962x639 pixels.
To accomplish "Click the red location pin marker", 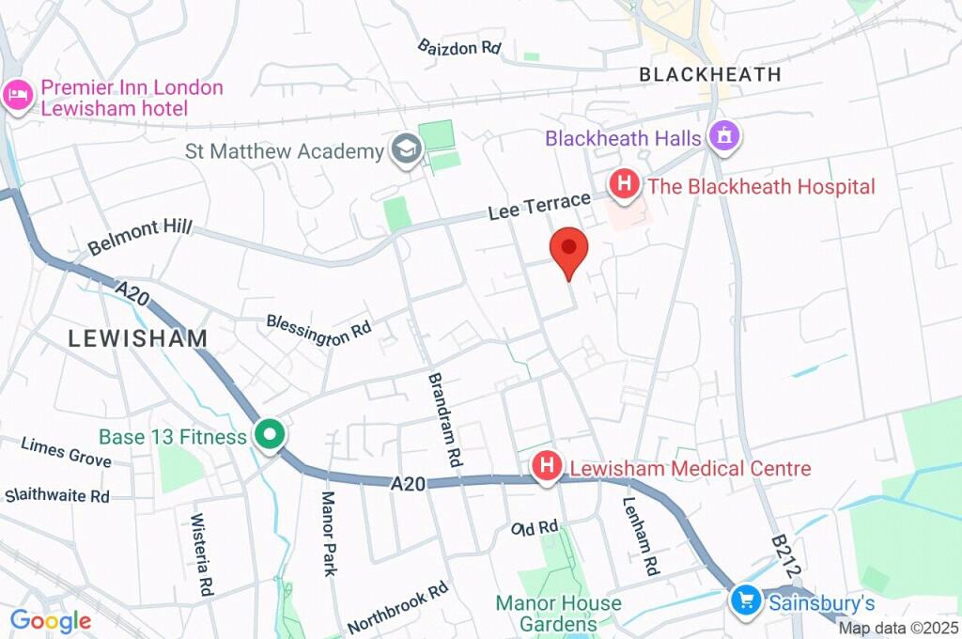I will tap(568, 251).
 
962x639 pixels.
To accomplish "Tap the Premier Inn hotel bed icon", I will tap(18, 96).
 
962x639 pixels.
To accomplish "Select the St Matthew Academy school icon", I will tap(406, 150).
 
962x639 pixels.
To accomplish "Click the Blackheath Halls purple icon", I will tap(724, 137).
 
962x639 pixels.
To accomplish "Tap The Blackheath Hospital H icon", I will tap(623, 184).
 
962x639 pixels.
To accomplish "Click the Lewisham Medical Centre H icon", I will tap(547, 466).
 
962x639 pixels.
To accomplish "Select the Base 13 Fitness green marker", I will tap(271, 435).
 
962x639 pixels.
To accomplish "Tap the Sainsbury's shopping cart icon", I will tap(746, 600).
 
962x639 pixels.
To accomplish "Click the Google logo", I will tap(51, 620).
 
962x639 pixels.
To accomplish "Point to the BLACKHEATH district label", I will tap(709, 74).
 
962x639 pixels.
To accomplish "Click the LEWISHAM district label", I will tap(137, 338).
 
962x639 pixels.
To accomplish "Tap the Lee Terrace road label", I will tap(539, 206).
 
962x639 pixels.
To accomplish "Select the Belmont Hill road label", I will tap(139, 236).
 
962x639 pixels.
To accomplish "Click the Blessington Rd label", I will tap(318, 331).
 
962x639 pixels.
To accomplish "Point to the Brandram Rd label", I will tap(444, 420).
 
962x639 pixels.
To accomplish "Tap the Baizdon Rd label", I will tap(459, 46).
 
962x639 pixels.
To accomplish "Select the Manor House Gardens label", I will tap(558, 613).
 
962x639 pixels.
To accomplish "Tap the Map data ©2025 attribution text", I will tap(898, 629).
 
